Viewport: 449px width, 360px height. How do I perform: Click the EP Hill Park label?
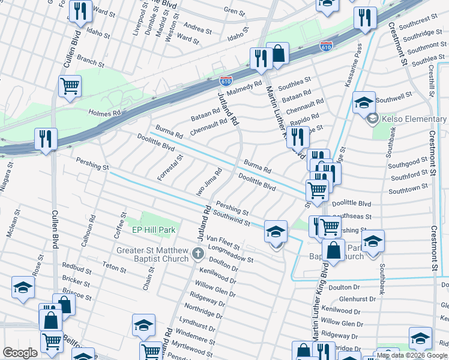(153, 230)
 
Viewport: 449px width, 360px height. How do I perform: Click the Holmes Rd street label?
(105, 112)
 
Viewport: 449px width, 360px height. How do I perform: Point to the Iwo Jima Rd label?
(209, 182)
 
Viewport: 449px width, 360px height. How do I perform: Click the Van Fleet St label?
(223, 242)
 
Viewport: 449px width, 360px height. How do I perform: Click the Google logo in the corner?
(20, 353)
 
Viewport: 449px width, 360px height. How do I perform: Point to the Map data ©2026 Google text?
(411, 355)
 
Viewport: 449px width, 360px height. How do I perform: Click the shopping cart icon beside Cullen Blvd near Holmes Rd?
(70, 86)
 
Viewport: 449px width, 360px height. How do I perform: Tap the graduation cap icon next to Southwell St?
(364, 103)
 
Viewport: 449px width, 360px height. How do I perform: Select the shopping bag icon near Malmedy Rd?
(278, 53)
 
